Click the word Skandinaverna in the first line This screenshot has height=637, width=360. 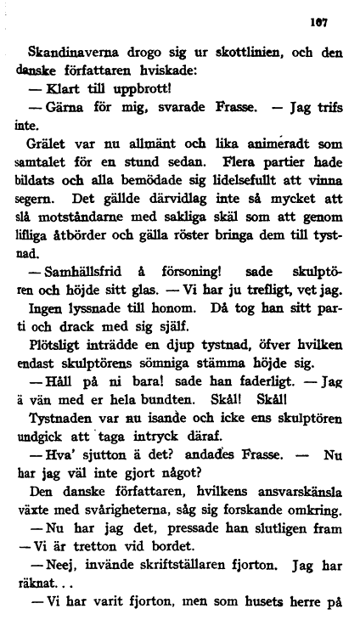click(x=72, y=51)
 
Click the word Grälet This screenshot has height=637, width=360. click(x=50, y=147)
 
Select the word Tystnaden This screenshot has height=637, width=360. click(x=64, y=434)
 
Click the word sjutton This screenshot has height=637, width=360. click(x=100, y=473)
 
